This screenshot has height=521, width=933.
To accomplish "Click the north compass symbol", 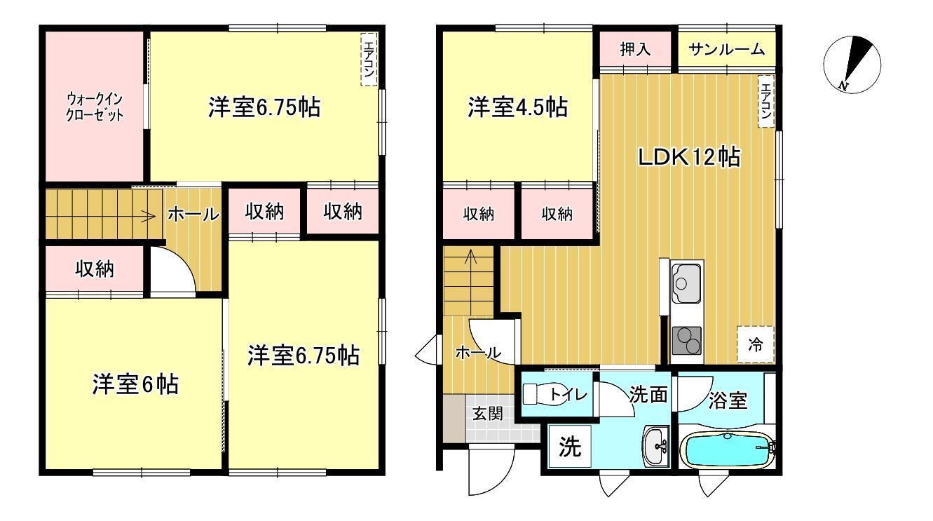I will point(850,64).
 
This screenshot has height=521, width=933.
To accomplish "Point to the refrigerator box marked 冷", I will point(756,344).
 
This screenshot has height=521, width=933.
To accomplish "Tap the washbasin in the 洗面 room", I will point(656,445).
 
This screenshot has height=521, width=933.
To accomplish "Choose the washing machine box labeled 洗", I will point(570,448).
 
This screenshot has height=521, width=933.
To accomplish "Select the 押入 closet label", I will point(636,49).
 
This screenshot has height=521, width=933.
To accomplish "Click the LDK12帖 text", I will point(688,157).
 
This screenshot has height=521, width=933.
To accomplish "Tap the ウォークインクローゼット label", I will point(95,107).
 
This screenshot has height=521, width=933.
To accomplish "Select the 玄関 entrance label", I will point(486,413).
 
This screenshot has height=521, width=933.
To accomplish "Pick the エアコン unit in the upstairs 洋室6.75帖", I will point(369,60).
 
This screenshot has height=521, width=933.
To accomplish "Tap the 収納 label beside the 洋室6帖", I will point(96,269).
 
